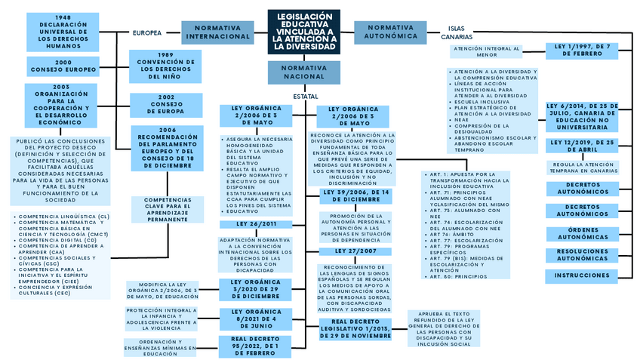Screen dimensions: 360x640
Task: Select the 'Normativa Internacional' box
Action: pos(217,32)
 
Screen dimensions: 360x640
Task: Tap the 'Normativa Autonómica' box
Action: pos(391,32)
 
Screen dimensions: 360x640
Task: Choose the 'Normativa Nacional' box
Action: pos(303,72)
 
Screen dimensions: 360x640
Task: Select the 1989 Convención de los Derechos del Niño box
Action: pos(165,66)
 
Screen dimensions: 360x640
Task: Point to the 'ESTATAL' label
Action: pos(304,97)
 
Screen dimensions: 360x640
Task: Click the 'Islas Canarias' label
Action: pos(457,32)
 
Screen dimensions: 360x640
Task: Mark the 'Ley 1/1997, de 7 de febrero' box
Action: pos(582,51)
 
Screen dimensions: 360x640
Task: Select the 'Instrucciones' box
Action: pos(582,276)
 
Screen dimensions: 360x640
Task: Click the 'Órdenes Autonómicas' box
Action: pos(582,234)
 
